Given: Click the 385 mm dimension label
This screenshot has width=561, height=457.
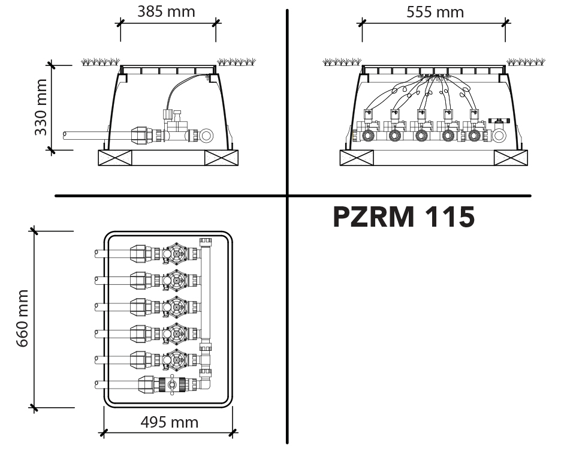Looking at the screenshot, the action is pyautogui.click(x=167, y=11).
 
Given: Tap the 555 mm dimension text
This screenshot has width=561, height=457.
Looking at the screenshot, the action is pyautogui.click(x=435, y=12).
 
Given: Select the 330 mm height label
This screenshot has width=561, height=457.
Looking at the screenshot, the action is pyautogui.click(x=41, y=107).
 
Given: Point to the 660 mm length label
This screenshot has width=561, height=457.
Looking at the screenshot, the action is pyautogui.click(x=23, y=318).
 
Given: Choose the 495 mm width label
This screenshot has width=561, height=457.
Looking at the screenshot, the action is pyautogui.click(x=169, y=422).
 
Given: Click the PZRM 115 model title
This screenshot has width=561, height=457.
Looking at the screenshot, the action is pyautogui.click(x=404, y=217).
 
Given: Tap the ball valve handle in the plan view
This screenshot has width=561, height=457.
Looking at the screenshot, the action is pyautogui.click(x=172, y=384).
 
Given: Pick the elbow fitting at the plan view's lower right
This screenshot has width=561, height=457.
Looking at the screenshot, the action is pyautogui.click(x=205, y=383).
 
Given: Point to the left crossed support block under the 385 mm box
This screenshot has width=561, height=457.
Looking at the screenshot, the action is pyautogui.click(x=115, y=158).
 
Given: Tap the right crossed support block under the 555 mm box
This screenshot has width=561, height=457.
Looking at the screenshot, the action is pyautogui.click(x=511, y=158).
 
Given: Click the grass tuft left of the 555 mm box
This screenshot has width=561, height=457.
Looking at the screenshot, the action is pyautogui.click(x=342, y=62).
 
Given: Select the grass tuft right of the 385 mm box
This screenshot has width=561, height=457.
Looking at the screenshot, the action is pyautogui.click(x=237, y=62).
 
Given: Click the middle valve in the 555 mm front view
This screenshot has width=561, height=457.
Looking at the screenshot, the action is pyautogui.click(x=421, y=125).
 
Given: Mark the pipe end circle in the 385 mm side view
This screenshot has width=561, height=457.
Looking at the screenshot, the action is pyautogui.click(x=206, y=136).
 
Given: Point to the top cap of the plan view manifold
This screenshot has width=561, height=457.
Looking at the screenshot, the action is pyautogui.click(x=206, y=242).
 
